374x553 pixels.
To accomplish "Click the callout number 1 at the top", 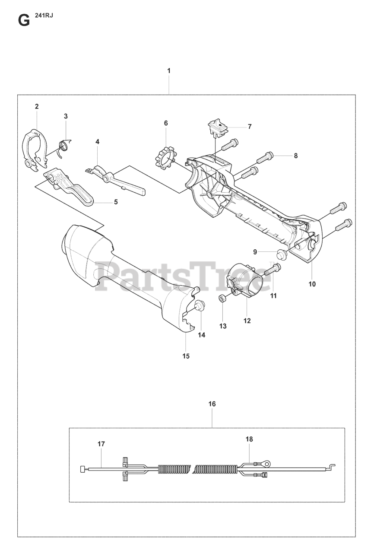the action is click(169, 70).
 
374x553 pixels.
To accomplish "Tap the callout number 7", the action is click(250, 127).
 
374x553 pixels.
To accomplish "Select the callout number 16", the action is click(212, 404).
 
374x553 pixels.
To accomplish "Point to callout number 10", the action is click(312, 284).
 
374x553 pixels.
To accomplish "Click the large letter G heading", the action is click(24, 20).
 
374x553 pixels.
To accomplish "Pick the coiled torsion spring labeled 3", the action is click(64, 146).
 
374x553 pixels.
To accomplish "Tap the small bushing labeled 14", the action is click(199, 305).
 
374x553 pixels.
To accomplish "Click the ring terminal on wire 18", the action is click(267, 464).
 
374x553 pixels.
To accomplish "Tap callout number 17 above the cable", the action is click(101, 444).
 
